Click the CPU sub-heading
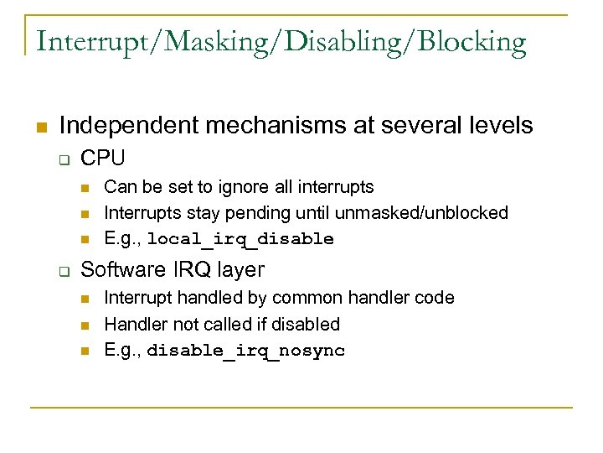tap(103, 158)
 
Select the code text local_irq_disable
tap(240, 240)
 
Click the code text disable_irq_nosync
tap(245, 351)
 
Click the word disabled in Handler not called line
tap(307, 325)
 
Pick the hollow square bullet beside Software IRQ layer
tap(62, 270)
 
